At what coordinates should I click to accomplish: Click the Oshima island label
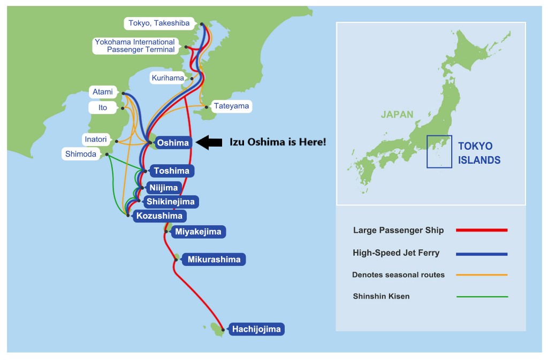[172, 143]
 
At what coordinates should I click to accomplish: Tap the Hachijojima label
[256, 329]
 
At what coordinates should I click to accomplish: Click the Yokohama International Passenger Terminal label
[134, 45]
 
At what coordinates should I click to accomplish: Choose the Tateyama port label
[231, 106]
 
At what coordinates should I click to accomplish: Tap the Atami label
[102, 92]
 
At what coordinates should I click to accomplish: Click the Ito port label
[102, 108]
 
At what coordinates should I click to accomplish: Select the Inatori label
[95, 140]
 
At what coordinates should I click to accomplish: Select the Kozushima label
[159, 216]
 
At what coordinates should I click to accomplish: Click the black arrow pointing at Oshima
[209, 142]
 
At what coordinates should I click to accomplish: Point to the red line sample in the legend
[481, 231]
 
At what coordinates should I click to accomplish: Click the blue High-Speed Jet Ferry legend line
[481, 254]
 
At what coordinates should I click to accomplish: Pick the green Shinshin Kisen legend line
[481, 296]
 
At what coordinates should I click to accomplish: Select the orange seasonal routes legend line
[481, 275]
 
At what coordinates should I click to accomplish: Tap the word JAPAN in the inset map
[397, 114]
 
